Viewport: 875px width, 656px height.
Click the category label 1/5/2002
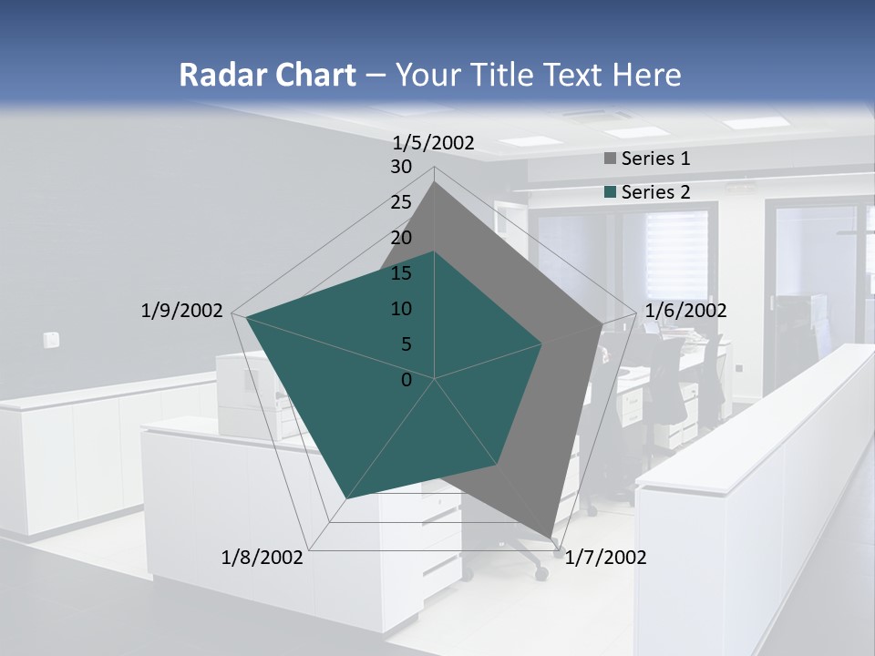point(434,142)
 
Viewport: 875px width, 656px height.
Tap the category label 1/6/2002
point(685,311)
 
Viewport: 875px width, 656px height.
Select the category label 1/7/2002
point(605,558)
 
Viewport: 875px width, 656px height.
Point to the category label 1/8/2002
point(262,558)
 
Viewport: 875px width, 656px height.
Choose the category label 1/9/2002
point(182,311)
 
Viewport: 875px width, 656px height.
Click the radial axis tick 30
point(401,167)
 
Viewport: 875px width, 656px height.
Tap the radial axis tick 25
point(401,202)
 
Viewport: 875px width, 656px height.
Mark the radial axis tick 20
point(401,238)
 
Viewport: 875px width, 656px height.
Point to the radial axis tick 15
point(401,273)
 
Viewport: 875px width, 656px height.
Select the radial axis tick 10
point(401,309)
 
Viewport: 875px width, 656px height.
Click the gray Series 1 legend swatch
point(610,159)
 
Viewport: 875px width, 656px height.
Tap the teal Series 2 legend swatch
point(610,192)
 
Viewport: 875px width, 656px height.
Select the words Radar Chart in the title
point(267,75)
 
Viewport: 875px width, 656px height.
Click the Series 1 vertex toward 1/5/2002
point(435,182)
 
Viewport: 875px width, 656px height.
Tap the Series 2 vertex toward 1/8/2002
point(345,499)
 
